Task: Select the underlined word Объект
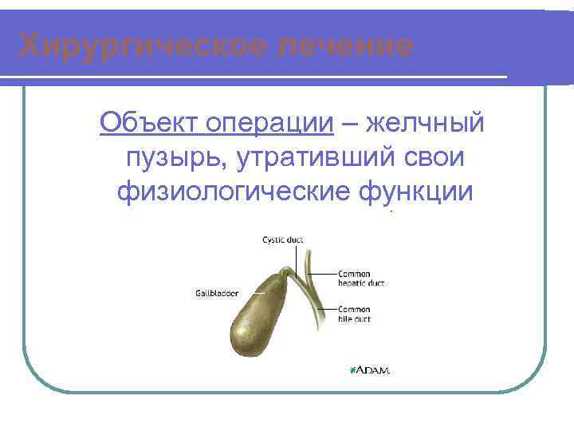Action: tap(148, 124)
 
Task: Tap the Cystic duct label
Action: tap(283, 239)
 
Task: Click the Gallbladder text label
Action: tap(216, 292)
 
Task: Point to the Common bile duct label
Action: tap(354, 314)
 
